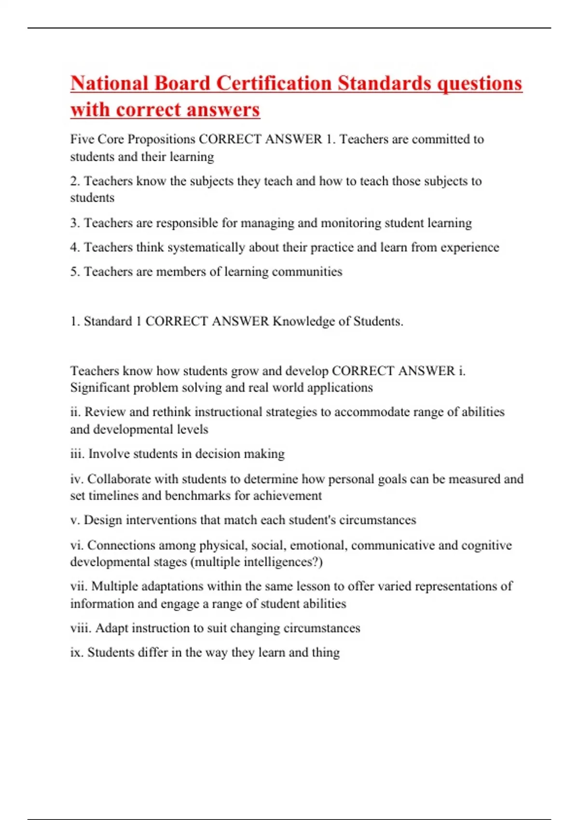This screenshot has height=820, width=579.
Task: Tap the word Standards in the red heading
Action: (384, 83)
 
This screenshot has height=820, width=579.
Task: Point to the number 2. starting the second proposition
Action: (75, 181)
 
